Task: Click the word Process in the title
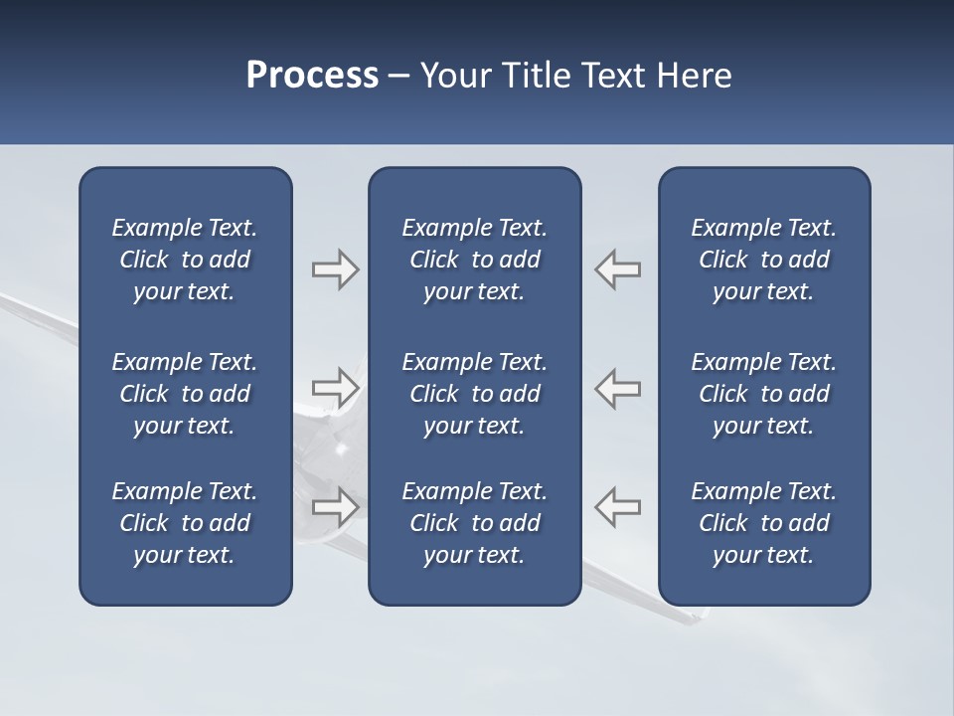click(312, 76)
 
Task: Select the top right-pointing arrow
click(336, 269)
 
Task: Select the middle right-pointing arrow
click(336, 388)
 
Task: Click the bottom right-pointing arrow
click(336, 506)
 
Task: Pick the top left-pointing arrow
click(617, 269)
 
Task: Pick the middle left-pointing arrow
click(617, 388)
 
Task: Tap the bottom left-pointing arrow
click(617, 506)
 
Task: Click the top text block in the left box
click(185, 260)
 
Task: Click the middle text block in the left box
click(185, 394)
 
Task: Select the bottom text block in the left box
click(185, 523)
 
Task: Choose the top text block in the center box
click(474, 260)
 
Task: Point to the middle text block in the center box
click(474, 394)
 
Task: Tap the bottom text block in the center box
click(474, 523)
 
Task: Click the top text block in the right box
click(763, 260)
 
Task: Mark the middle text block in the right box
click(763, 394)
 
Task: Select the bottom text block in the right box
click(763, 523)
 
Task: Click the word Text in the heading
click(613, 76)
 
